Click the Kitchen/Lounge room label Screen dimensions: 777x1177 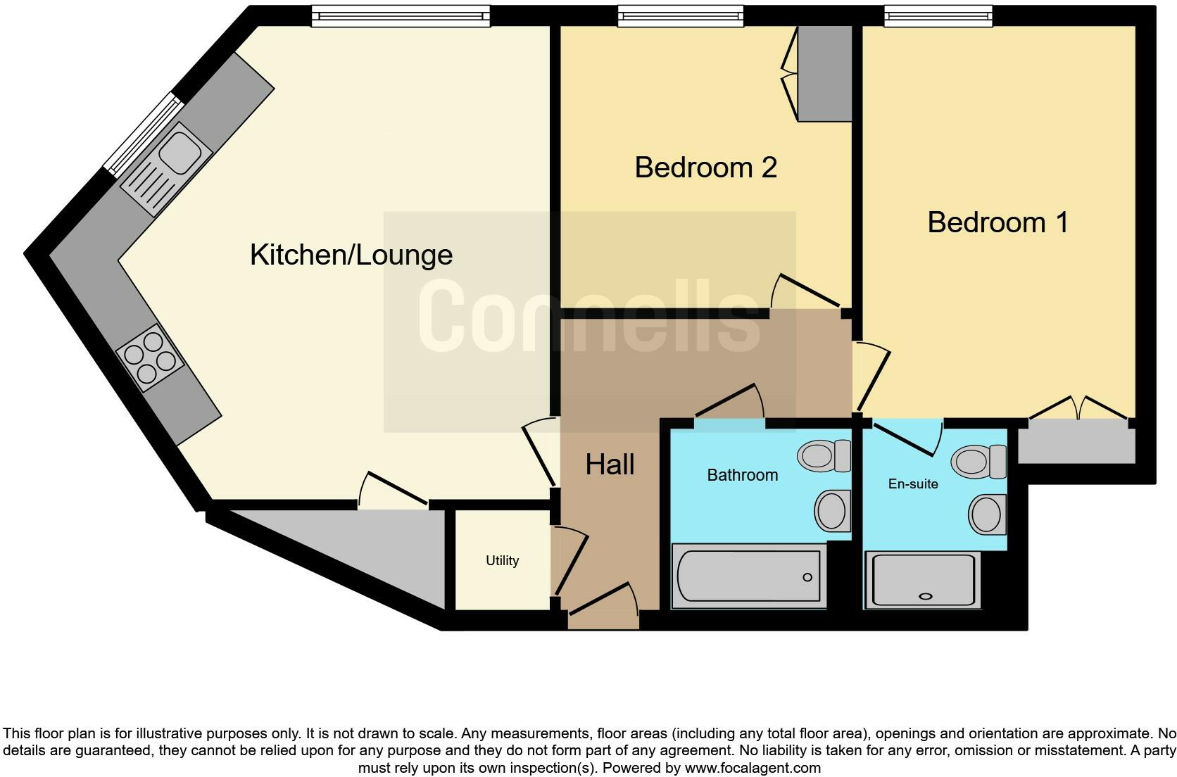coord(351,255)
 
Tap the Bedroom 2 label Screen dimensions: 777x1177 coord(705,168)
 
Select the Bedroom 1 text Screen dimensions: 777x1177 coord(997,222)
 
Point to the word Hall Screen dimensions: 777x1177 coord(610,465)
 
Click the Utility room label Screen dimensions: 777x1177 coord(502,561)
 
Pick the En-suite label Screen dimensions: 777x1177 coord(912,484)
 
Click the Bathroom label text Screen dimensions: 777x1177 coord(742,475)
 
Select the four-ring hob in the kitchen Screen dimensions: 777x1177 coord(149,358)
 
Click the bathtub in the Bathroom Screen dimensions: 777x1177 coord(748,576)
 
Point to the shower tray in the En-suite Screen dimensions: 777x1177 coord(923,580)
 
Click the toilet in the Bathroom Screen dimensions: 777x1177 coord(824,456)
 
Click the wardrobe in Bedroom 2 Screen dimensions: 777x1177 coord(824,74)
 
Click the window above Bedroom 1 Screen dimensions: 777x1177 coord(938,16)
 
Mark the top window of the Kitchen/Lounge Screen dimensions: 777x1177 coord(400,16)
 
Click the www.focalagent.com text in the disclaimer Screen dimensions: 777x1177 coord(752,768)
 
